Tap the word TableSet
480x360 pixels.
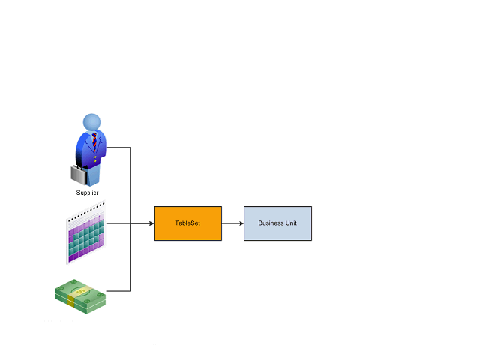(x=187, y=223)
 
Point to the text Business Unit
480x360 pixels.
(x=277, y=223)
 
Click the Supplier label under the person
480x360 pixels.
(x=87, y=193)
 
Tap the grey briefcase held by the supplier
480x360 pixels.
(x=79, y=174)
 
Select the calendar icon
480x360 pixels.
(x=85, y=234)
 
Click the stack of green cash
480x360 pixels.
(x=80, y=295)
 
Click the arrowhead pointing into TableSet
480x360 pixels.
(x=150, y=223)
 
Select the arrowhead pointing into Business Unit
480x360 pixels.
(x=240, y=223)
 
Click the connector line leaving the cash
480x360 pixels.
(x=118, y=291)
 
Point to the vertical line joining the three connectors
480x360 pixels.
(x=131, y=187)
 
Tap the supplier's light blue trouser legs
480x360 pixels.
(x=93, y=176)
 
